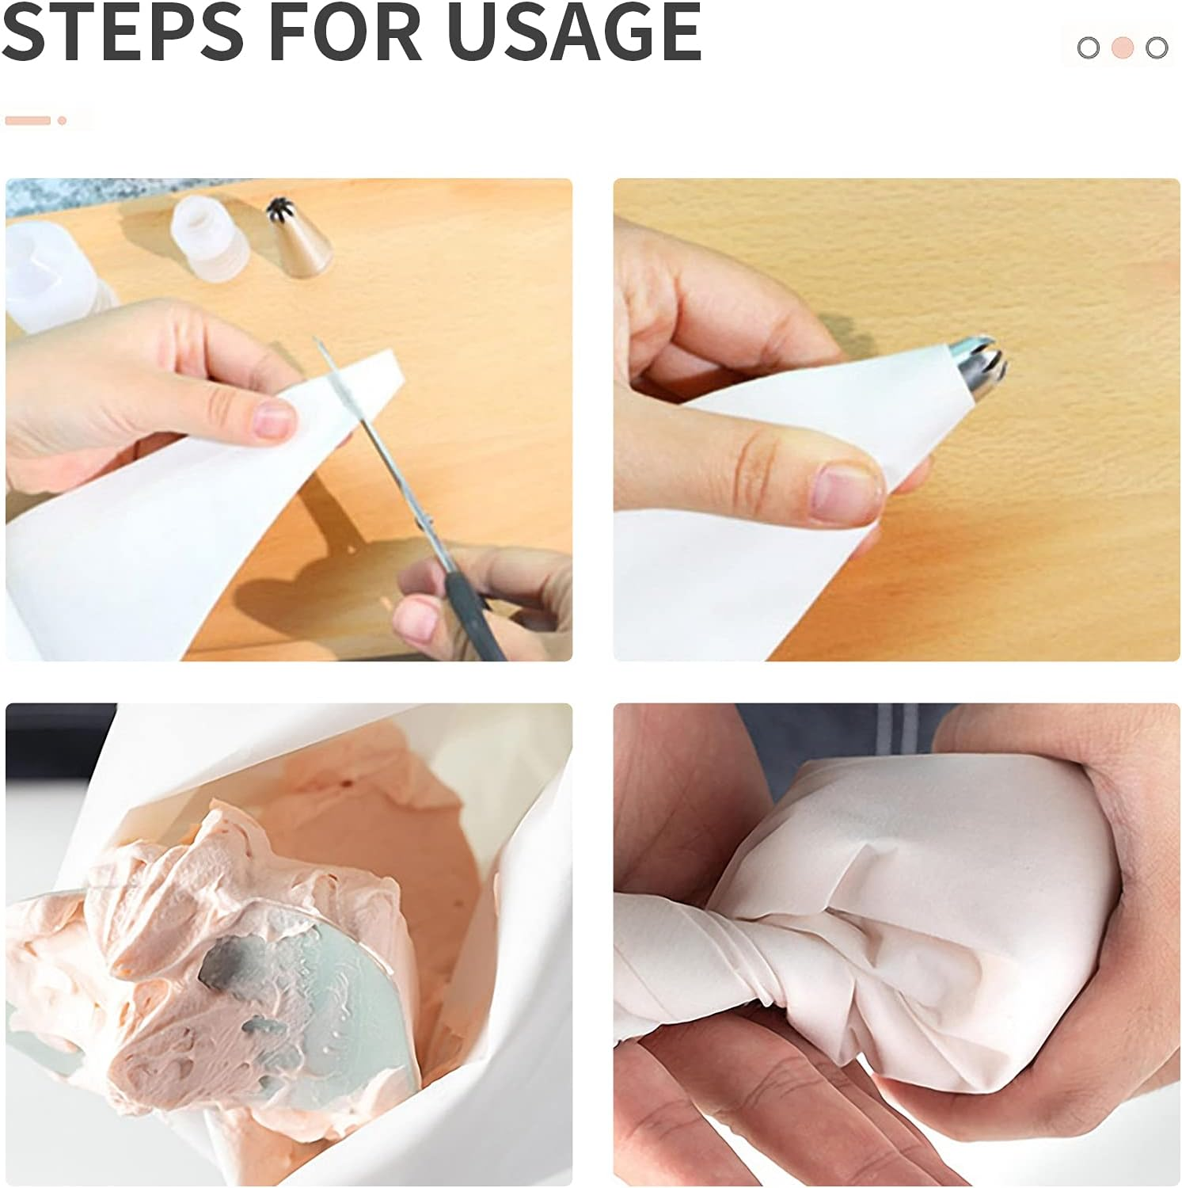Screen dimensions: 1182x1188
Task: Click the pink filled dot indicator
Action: [1123, 48]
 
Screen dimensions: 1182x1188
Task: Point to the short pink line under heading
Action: [28, 120]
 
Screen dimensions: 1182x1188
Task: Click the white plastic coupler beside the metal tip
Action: [209, 238]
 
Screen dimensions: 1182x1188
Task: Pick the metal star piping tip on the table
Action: [298, 237]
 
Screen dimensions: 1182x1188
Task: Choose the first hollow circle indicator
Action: [1089, 48]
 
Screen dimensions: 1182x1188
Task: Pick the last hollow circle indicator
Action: [1157, 48]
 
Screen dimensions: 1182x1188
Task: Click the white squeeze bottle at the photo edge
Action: [51, 277]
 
